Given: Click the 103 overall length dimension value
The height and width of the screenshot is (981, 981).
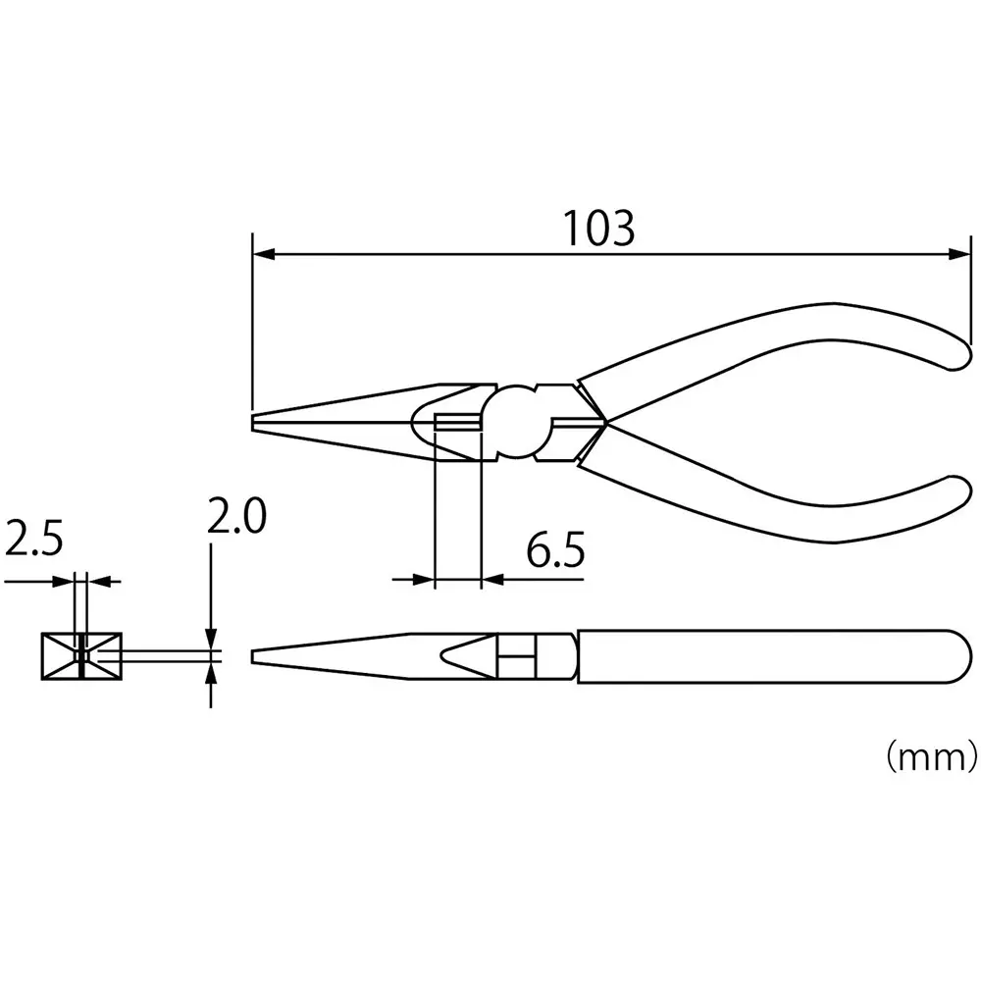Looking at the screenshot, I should tap(599, 229).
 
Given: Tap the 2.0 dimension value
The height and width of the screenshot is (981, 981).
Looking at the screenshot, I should tap(235, 517).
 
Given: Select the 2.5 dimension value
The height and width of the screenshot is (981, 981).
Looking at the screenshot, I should tap(34, 540).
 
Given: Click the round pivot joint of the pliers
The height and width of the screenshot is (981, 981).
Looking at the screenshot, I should tap(518, 422).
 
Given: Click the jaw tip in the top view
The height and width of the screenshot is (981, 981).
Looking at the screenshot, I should tap(256, 422).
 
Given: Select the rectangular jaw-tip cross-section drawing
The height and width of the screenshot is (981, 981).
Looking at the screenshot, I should tap(80, 656).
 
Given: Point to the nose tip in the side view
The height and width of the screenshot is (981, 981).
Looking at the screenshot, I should tap(257, 655).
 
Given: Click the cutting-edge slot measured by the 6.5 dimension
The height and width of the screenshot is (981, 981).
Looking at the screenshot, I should tap(457, 423).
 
